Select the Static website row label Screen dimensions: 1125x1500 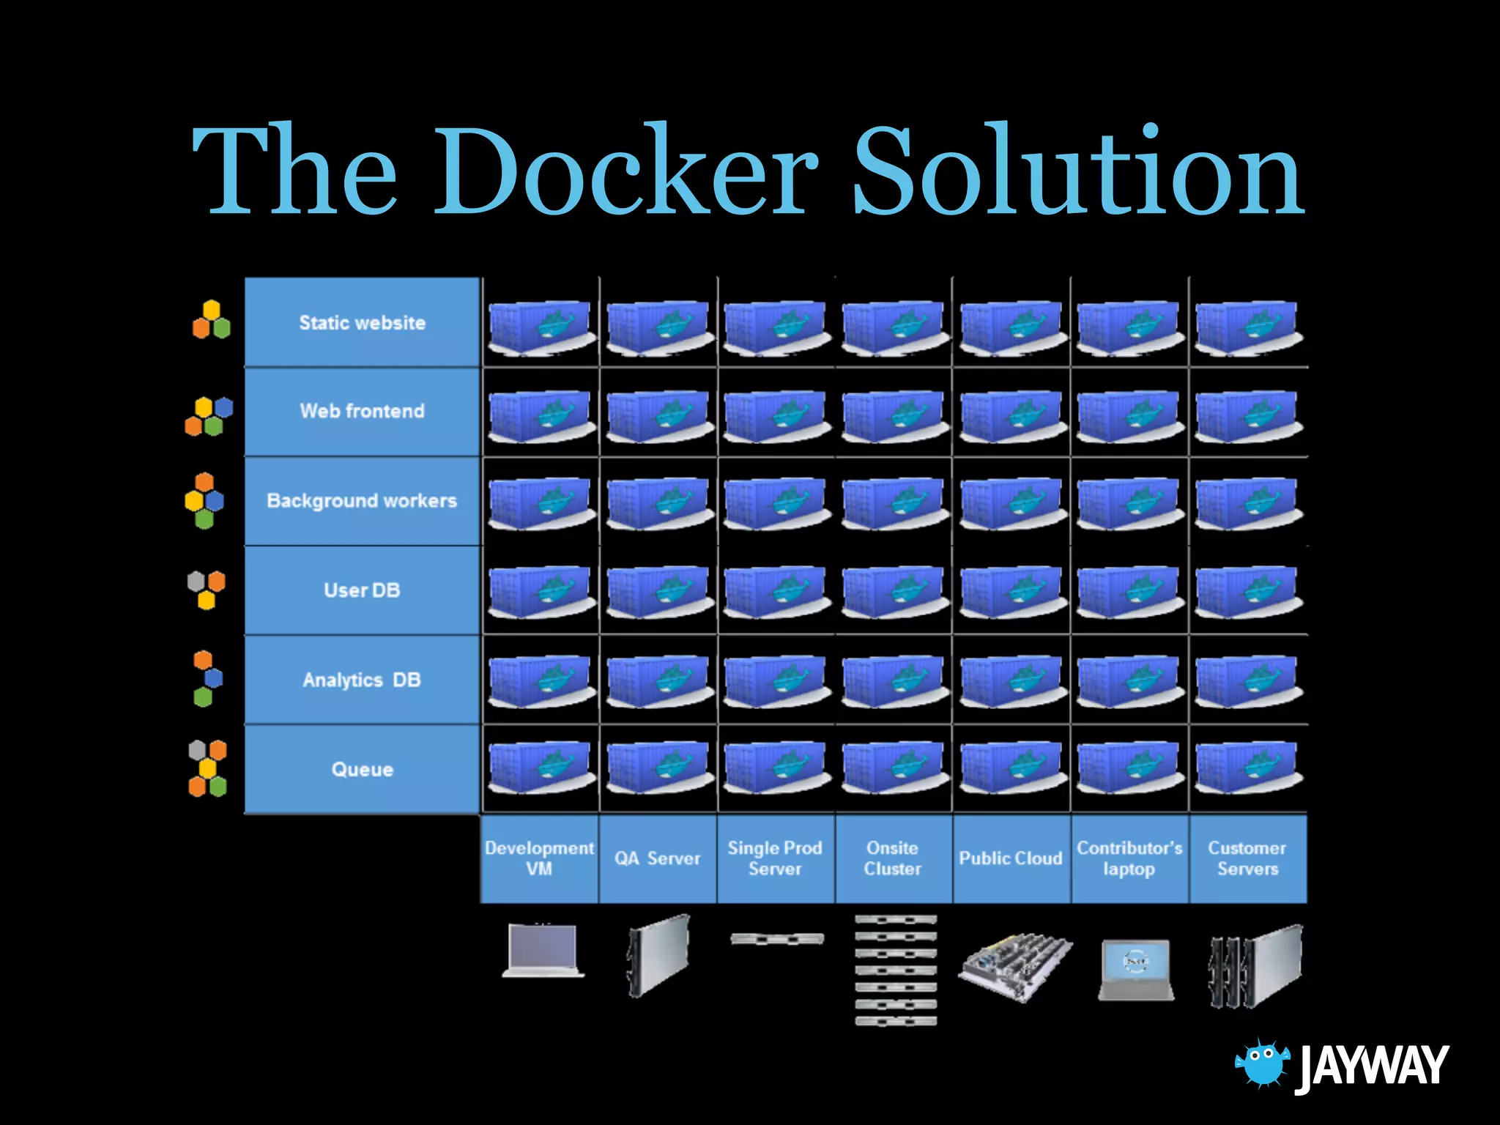pyautogui.click(x=362, y=322)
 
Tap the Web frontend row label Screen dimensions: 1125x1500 pyautogui.click(x=362, y=411)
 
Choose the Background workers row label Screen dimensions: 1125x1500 pyautogui.click(x=362, y=501)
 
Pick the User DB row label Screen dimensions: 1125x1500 pyautogui.click(x=362, y=590)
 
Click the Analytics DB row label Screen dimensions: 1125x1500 pyautogui.click(x=362, y=680)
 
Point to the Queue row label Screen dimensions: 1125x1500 pyautogui.click(x=362, y=769)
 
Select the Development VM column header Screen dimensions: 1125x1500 pyautogui.click(x=539, y=858)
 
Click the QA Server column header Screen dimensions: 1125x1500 pyautogui.click(x=657, y=858)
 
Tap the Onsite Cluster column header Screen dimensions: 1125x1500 pyautogui.click(x=893, y=858)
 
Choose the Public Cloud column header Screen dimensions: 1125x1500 pyautogui.click(x=1011, y=858)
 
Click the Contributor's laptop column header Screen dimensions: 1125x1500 pyautogui.click(x=1129, y=858)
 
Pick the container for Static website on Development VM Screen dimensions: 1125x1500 pyautogui.click(x=541, y=327)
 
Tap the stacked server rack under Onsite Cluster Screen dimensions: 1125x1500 pyautogui.click(x=895, y=970)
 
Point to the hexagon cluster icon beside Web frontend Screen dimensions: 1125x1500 pyautogui.click(x=209, y=416)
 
